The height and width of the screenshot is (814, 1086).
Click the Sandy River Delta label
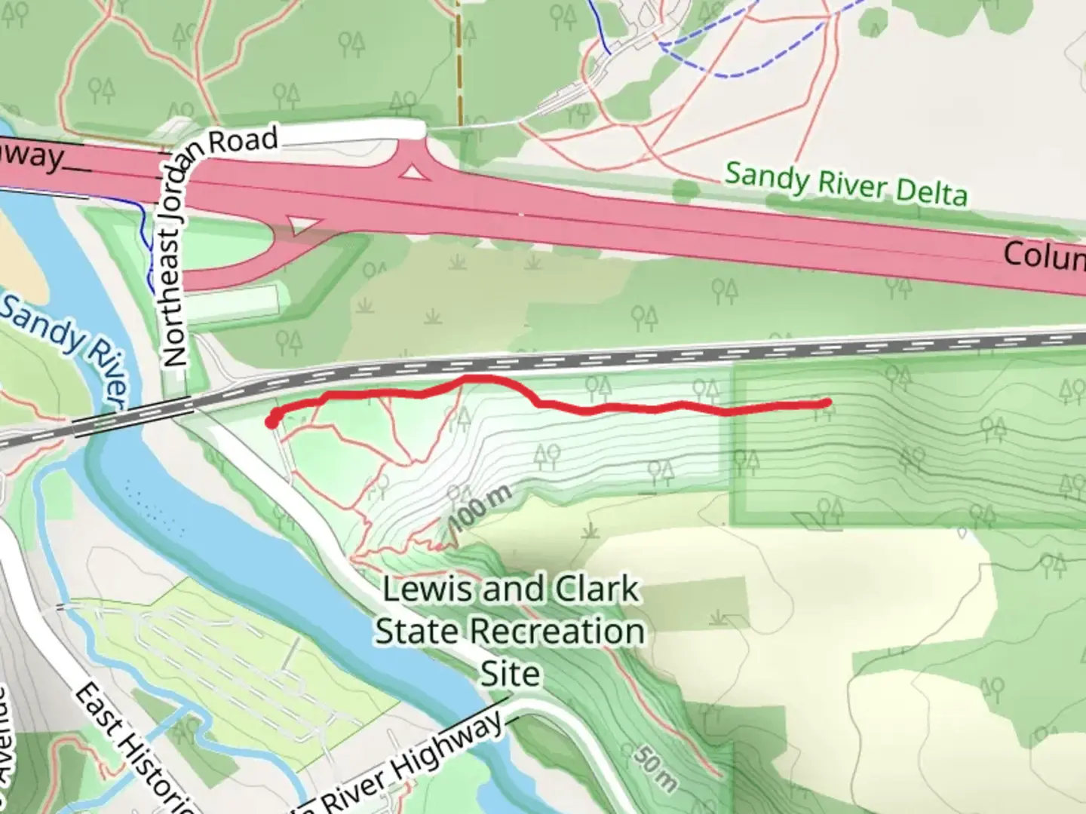tap(845, 183)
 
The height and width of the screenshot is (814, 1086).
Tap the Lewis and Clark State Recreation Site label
tap(510, 631)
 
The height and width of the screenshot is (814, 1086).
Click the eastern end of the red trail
tap(827, 403)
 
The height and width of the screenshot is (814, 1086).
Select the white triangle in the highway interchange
tap(412, 173)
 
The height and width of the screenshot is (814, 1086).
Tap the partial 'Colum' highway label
tap(1045, 256)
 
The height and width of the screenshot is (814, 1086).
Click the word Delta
tap(931, 192)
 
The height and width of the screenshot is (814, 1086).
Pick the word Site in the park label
tap(510, 673)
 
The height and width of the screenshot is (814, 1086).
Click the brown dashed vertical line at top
tap(458, 60)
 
